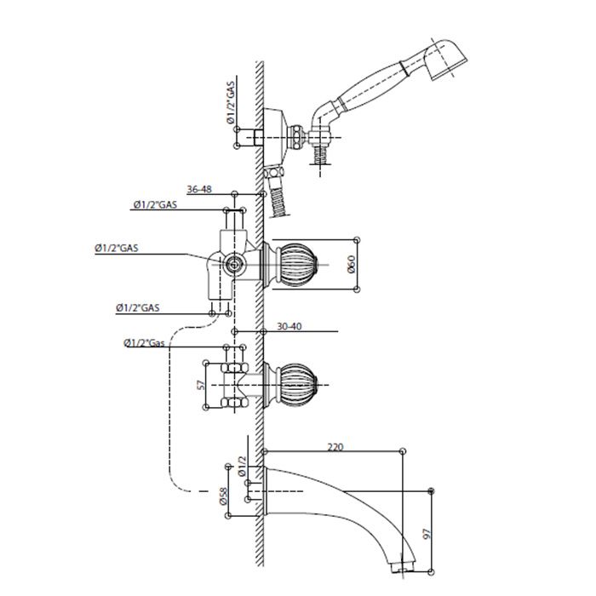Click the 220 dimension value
click(335, 447)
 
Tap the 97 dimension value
click(428, 534)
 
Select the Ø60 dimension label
click(351, 264)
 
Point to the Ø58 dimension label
click(223, 496)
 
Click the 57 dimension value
click(202, 385)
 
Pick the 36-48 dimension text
click(199, 189)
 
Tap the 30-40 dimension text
click(289, 326)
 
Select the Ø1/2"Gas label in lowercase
click(144, 343)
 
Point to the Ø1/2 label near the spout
click(242, 467)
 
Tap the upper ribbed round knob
click(298, 264)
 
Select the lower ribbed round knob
click(298, 384)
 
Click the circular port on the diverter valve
click(233, 264)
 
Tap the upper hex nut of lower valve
click(234, 368)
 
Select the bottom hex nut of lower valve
click(234, 403)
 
